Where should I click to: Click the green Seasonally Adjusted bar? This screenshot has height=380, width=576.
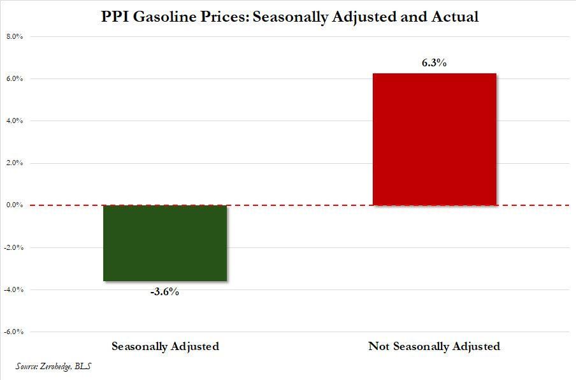point(165,243)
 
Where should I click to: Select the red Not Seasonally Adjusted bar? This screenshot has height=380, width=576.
point(434,139)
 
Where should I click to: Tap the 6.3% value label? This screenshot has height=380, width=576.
point(433,63)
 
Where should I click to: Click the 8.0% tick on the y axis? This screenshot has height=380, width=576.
point(15,36)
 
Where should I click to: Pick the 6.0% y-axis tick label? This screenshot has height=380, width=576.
point(15,78)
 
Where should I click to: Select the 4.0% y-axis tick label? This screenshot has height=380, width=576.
point(15,121)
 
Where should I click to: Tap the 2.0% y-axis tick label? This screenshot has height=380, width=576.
point(15,163)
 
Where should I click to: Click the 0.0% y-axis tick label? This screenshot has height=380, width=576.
point(15,205)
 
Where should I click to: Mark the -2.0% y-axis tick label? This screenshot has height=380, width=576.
point(14,247)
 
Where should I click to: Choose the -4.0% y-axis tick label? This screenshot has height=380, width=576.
point(14,289)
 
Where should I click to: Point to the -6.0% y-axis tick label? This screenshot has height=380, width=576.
point(14,332)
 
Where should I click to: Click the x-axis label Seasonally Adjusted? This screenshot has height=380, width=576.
point(165,347)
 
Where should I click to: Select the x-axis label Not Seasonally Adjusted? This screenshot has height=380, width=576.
point(434,347)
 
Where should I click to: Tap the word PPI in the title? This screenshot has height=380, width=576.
point(115,17)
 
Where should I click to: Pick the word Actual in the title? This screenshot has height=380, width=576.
point(455,17)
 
